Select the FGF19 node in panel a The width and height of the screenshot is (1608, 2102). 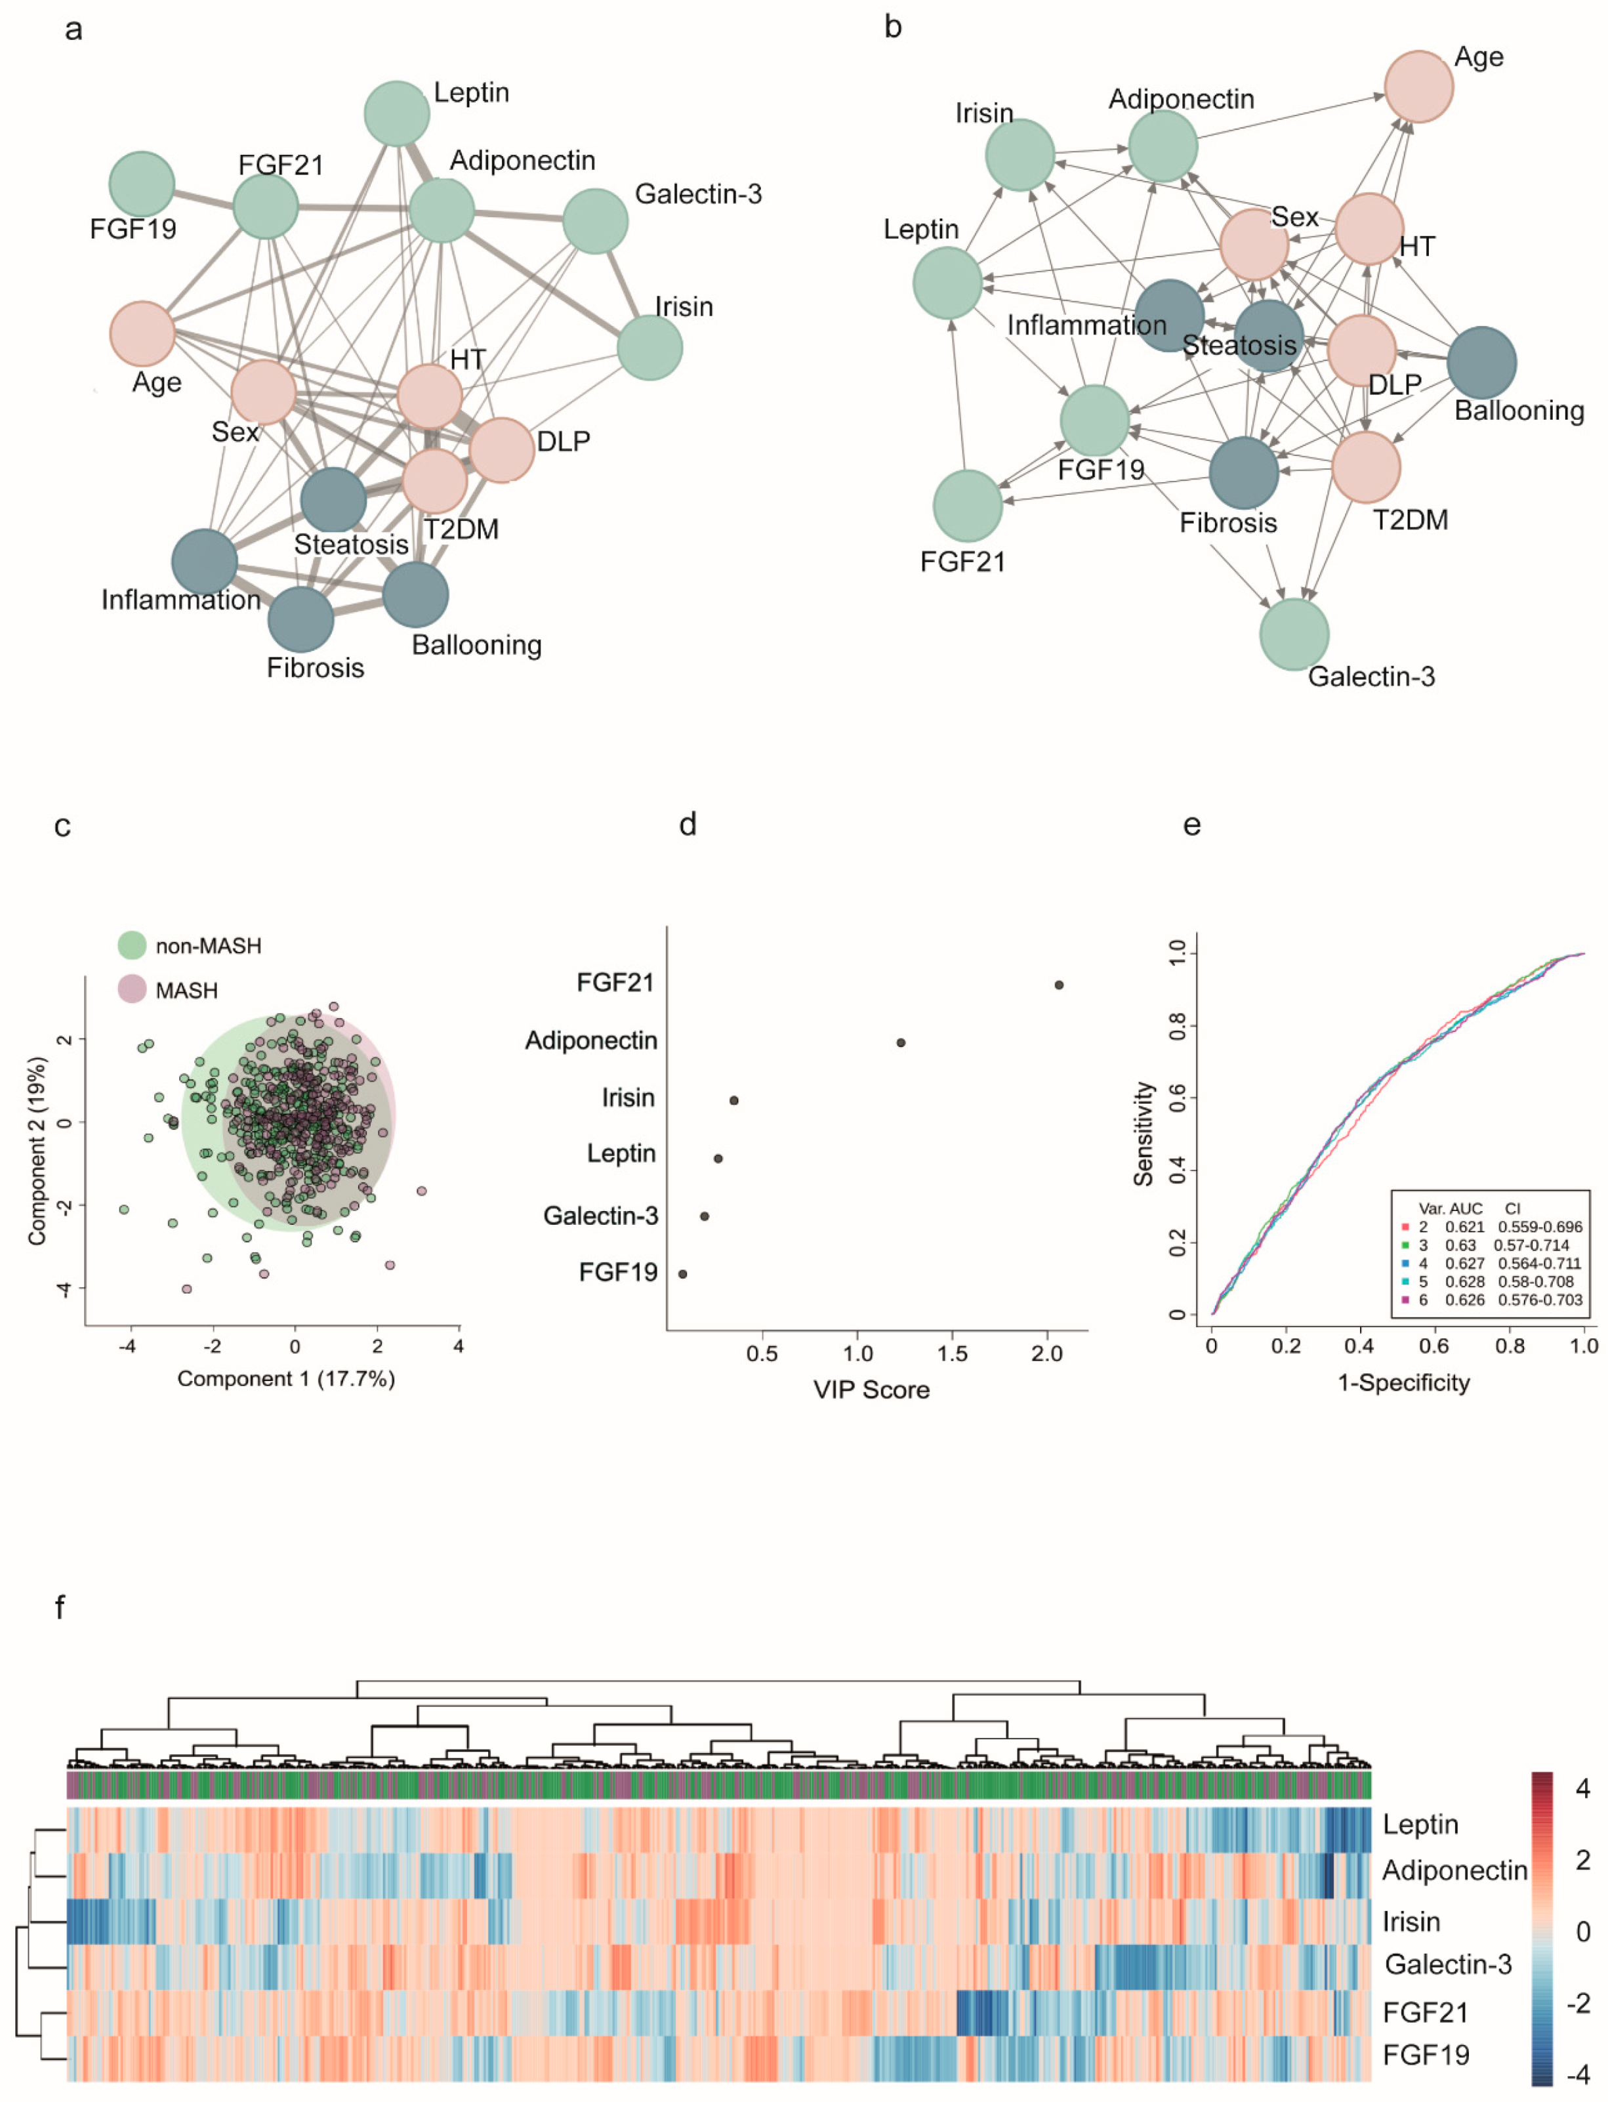[142, 183]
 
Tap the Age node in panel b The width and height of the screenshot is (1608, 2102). [1418, 86]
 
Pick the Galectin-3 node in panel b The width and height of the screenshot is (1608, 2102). [1294, 634]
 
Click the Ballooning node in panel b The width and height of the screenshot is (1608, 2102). [1481, 362]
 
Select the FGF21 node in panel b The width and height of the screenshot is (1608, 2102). [968, 505]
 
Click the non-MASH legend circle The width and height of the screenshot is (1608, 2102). [132, 945]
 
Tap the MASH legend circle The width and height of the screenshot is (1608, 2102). [132, 989]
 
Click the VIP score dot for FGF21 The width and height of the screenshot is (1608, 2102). [1059, 984]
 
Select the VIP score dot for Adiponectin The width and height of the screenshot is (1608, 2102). [901, 1042]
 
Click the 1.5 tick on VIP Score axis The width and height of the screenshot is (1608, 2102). [953, 1353]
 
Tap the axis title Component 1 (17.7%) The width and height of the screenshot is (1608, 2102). [285, 1378]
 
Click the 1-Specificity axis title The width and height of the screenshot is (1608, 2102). [1403, 1382]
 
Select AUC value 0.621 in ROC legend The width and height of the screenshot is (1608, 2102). [1464, 1226]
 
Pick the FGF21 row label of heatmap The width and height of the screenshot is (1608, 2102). [1425, 2012]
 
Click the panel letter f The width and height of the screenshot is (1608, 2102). [60, 1607]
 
